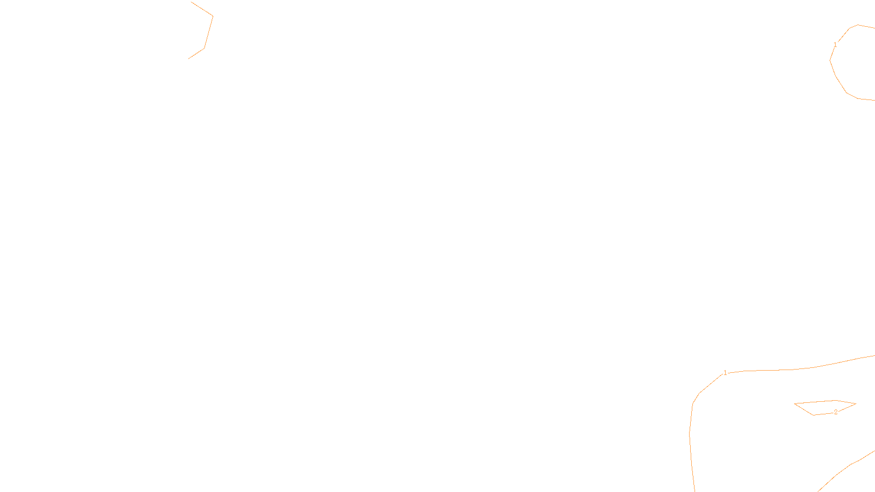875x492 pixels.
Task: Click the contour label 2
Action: (x=836, y=412)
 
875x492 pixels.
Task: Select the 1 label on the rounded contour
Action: (x=835, y=45)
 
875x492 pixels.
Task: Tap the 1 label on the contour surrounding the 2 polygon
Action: (x=725, y=373)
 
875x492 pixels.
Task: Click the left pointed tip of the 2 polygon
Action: (x=795, y=404)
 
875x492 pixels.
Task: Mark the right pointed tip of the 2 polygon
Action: (x=856, y=404)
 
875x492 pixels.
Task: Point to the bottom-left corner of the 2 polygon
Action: (x=813, y=415)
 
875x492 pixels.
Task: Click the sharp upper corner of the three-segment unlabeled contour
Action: (x=212, y=16)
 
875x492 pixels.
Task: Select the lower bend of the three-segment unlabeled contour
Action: (x=204, y=48)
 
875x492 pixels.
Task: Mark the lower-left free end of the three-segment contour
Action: (x=189, y=58)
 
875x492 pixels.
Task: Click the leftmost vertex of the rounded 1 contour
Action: (x=830, y=60)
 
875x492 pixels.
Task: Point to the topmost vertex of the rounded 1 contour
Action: (x=858, y=25)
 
